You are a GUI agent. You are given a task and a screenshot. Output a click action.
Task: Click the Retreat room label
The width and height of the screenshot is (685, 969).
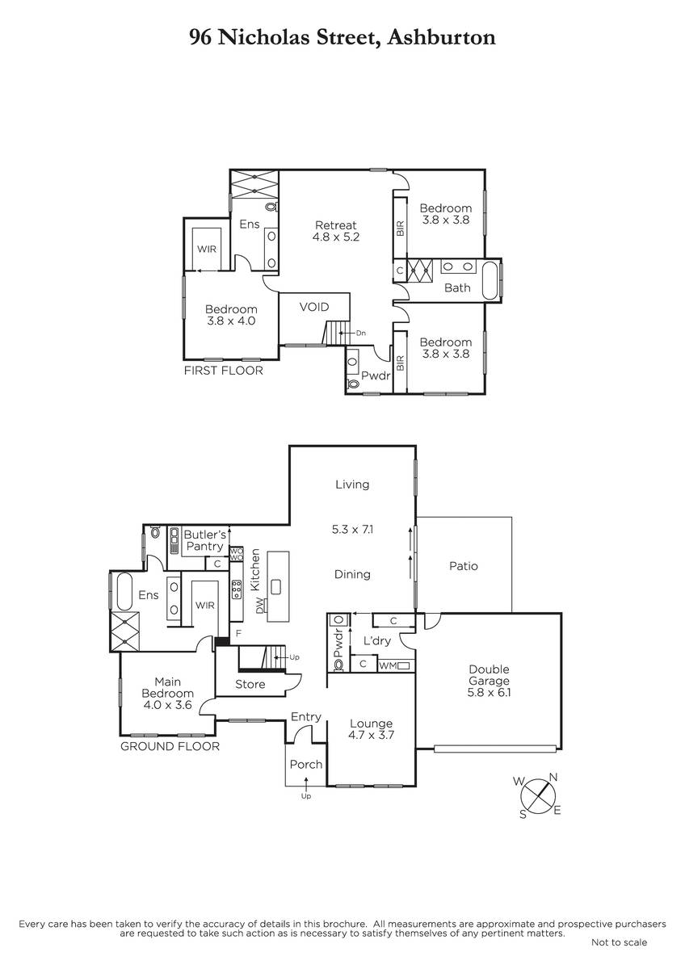click(x=336, y=225)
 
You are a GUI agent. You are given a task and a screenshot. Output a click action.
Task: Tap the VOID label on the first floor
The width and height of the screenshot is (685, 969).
click(x=314, y=307)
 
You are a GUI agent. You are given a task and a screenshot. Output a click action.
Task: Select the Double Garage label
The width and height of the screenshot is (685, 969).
click(x=489, y=675)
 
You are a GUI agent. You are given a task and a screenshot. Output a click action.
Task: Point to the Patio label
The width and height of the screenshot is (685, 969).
click(x=464, y=566)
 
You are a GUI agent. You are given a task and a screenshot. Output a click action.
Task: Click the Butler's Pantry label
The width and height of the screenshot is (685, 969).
click(x=204, y=540)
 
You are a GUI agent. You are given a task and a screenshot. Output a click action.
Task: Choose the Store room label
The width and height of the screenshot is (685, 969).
click(x=250, y=684)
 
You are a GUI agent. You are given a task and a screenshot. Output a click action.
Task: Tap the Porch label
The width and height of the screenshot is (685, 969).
click(x=306, y=765)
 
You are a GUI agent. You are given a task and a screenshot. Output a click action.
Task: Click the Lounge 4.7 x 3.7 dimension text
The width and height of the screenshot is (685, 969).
click(x=372, y=735)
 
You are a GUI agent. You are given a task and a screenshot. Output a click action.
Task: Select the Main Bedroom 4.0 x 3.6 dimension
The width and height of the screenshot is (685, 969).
click(x=167, y=705)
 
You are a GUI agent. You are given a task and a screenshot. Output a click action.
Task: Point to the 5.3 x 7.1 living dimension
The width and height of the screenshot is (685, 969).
click(x=353, y=529)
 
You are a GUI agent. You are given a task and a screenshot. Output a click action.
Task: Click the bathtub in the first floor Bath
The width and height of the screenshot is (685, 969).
click(x=491, y=280)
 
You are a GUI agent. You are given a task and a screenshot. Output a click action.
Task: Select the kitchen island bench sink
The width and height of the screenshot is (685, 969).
click(x=275, y=587)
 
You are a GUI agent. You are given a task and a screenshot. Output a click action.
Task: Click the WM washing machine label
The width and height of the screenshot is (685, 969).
click(x=387, y=665)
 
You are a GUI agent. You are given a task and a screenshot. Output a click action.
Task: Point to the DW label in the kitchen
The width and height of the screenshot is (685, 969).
click(x=259, y=605)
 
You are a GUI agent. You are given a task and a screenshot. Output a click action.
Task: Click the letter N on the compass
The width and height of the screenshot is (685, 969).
click(x=553, y=778)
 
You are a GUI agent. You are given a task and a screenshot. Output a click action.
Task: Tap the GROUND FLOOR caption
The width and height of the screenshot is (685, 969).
click(x=170, y=746)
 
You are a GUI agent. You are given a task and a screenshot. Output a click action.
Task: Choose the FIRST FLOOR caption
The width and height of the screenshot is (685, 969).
click(x=223, y=371)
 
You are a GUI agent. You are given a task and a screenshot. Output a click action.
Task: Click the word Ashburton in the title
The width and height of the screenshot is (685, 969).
click(x=441, y=37)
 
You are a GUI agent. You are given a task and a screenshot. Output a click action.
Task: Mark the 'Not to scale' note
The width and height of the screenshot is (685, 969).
click(x=620, y=942)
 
